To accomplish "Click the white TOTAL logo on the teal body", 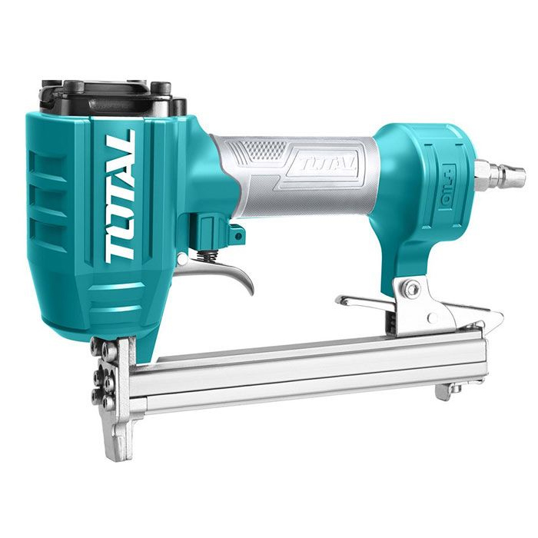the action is click(x=120, y=197).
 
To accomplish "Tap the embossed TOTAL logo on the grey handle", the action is click(x=324, y=165).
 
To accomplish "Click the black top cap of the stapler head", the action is click(x=113, y=97).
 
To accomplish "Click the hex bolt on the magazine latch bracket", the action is click(x=411, y=287).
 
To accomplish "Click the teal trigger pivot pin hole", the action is click(x=237, y=235).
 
